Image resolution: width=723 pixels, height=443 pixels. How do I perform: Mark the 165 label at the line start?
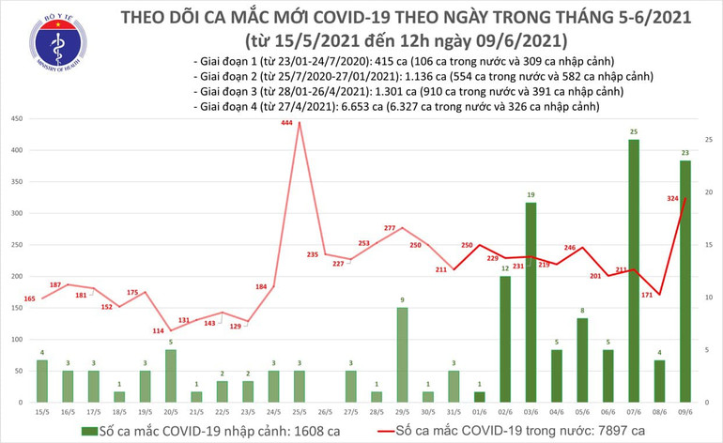click(29, 298)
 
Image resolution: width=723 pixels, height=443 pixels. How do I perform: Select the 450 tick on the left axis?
click(17, 119)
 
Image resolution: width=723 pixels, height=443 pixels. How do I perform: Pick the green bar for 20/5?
click(170, 375)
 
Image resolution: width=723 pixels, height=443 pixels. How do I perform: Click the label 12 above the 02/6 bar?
click(504, 268)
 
